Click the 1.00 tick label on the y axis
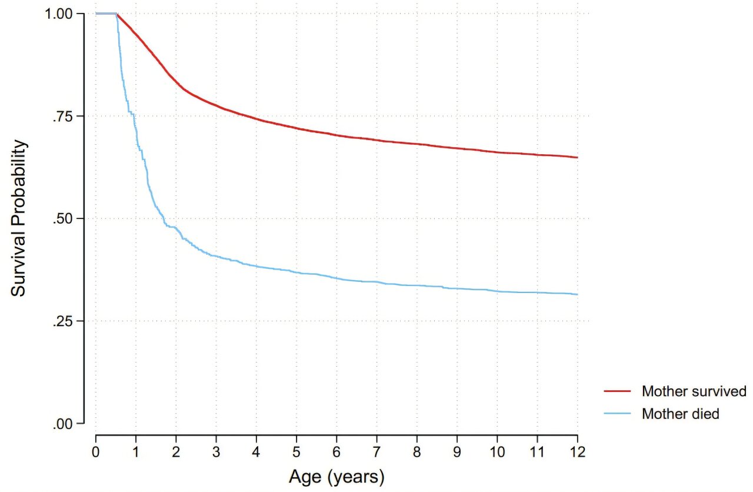(x=58, y=14)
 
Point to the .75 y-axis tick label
(x=62, y=117)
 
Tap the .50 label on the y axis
(x=62, y=219)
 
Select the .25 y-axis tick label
(x=62, y=321)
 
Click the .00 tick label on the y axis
(x=62, y=424)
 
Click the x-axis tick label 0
(x=96, y=451)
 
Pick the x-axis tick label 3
(x=216, y=451)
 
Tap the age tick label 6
(x=336, y=451)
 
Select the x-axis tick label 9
(x=457, y=451)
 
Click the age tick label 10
(x=497, y=451)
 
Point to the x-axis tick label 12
(x=577, y=451)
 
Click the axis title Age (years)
(x=336, y=477)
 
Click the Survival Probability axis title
(x=18, y=218)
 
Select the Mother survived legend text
(x=694, y=391)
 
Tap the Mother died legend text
(x=681, y=414)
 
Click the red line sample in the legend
(x=617, y=391)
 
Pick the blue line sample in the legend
(x=617, y=413)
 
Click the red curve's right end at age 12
(x=577, y=157)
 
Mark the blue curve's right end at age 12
(x=577, y=294)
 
